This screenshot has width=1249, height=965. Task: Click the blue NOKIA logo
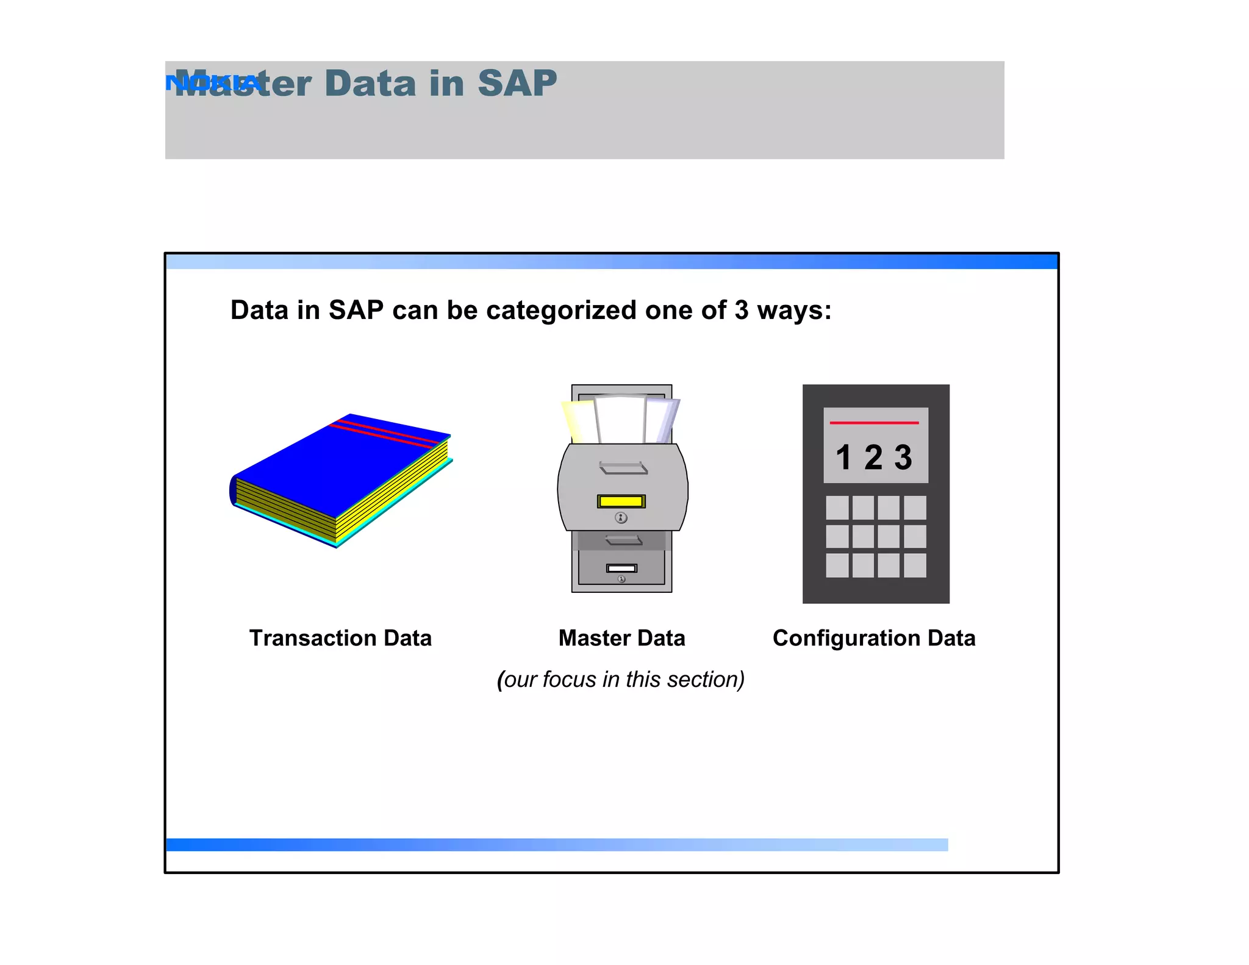pyautogui.click(x=213, y=82)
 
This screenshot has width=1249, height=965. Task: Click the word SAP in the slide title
pyautogui.click(x=517, y=83)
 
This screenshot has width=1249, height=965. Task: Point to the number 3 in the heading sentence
pyautogui.click(x=741, y=310)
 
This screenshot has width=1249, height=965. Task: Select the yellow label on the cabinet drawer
pyautogui.click(x=621, y=501)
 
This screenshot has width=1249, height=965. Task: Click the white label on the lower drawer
pyautogui.click(x=621, y=568)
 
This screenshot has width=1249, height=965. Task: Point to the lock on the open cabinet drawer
pyautogui.click(x=621, y=518)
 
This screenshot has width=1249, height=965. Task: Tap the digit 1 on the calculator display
pyautogui.click(x=843, y=457)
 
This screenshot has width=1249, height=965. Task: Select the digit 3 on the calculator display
pyautogui.click(x=903, y=457)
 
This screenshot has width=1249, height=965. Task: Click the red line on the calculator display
pyautogui.click(x=874, y=422)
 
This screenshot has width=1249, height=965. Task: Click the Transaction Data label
pyautogui.click(x=340, y=638)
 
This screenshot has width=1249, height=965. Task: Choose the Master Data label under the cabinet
pyautogui.click(x=621, y=638)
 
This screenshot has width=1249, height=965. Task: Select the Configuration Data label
pyautogui.click(x=874, y=638)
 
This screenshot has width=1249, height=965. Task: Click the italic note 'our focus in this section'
pyautogui.click(x=621, y=680)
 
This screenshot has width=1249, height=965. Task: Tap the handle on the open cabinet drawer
pyautogui.click(x=623, y=468)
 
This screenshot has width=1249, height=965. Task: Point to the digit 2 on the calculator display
pyautogui.click(x=873, y=457)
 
